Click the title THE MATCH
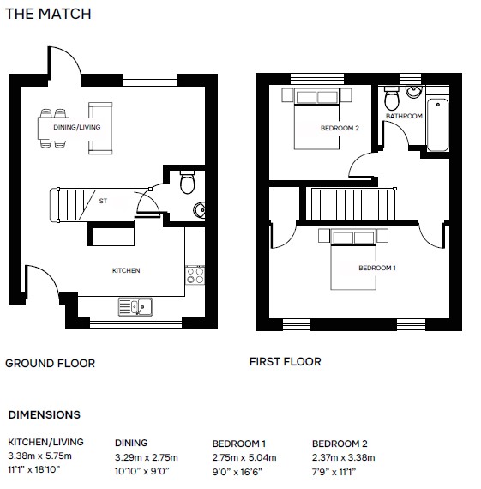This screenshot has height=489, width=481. pyautogui.click(x=48, y=14)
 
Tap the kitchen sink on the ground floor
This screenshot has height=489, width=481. pyautogui.click(x=135, y=307)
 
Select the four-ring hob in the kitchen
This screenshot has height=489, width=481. pyautogui.click(x=195, y=275)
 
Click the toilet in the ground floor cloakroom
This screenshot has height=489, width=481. pyautogui.click(x=188, y=182)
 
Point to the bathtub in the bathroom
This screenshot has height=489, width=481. pyautogui.click(x=437, y=124)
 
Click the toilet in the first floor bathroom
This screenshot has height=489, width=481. pyautogui.click(x=392, y=99)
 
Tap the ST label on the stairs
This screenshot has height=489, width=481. pyautogui.click(x=103, y=201)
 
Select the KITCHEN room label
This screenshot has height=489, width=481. pyautogui.click(x=126, y=270)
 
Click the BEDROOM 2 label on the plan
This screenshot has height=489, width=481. pyautogui.click(x=340, y=128)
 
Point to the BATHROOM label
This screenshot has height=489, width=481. pyautogui.click(x=404, y=116)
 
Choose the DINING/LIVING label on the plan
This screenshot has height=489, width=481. pyautogui.click(x=77, y=127)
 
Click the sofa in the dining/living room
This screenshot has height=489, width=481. pyautogui.click(x=100, y=128)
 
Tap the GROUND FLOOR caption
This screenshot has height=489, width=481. pyautogui.click(x=51, y=364)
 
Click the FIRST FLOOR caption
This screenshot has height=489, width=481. pyautogui.click(x=286, y=362)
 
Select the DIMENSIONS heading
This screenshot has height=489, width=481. pyautogui.click(x=45, y=414)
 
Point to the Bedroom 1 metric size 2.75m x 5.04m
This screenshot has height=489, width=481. pyautogui.click(x=244, y=457)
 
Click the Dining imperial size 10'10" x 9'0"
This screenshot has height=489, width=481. pyautogui.click(x=142, y=471)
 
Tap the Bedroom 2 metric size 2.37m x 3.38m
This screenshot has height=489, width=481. pyautogui.click(x=344, y=457)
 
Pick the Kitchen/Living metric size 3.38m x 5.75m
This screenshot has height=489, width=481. pyautogui.click(x=40, y=456)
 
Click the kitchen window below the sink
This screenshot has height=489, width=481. pyautogui.click(x=136, y=323)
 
